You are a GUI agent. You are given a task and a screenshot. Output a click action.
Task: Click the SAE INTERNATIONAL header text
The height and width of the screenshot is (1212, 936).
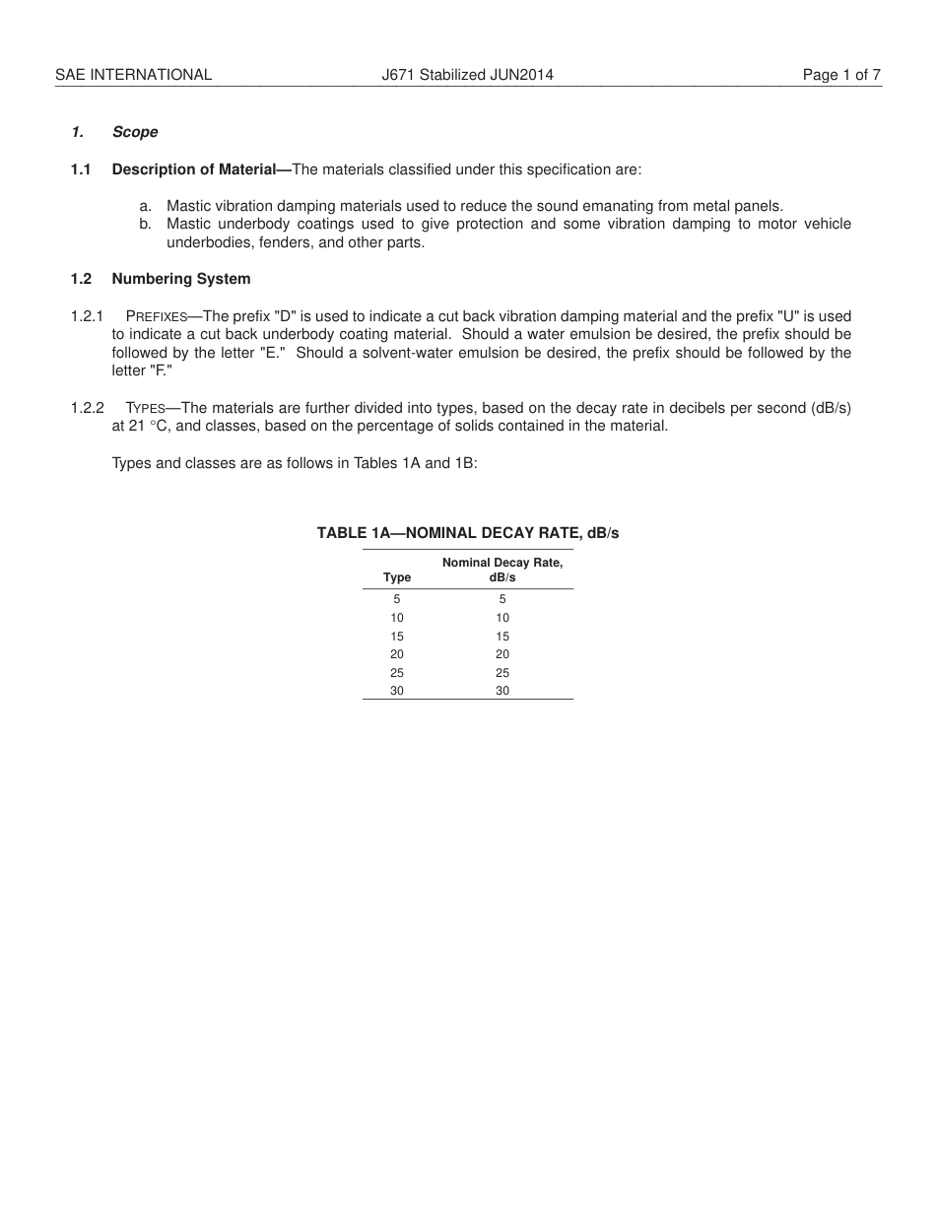[x=133, y=74]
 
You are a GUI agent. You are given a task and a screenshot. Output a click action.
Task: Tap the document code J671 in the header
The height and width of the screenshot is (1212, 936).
[x=398, y=74]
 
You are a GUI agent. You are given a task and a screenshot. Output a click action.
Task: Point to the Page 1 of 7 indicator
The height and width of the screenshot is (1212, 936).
[x=841, y=74]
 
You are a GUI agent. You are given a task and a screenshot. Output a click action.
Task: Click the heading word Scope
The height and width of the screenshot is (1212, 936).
[x=135, y=132]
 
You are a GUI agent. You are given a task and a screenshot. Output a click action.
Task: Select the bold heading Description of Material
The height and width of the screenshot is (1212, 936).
[x=194, y=169]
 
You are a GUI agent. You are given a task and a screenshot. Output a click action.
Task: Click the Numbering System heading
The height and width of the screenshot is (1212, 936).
[x=181, y=279]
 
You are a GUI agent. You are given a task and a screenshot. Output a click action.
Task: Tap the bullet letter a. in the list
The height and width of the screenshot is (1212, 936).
[x=146, y=206]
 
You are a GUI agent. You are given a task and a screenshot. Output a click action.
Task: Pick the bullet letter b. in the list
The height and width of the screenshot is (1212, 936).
[x=146, y=224]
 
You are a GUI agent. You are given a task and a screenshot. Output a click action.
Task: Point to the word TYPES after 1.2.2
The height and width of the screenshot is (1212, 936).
[x=145, y=409]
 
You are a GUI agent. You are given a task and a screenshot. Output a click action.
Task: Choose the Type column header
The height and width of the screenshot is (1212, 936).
[x=397, y=577]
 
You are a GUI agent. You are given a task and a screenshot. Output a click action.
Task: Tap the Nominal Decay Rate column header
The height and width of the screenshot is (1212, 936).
[x=502, y=563]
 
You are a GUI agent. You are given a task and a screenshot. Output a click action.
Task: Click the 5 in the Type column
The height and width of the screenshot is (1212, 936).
[x=397, y=599]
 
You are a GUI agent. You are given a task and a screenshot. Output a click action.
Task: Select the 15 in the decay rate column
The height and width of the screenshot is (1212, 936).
[x=502, y=637]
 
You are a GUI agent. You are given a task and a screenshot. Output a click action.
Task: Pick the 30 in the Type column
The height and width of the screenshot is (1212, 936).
[x=397, y=692]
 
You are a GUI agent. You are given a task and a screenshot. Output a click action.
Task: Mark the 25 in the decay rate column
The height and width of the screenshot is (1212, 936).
[x=502, y=673]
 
